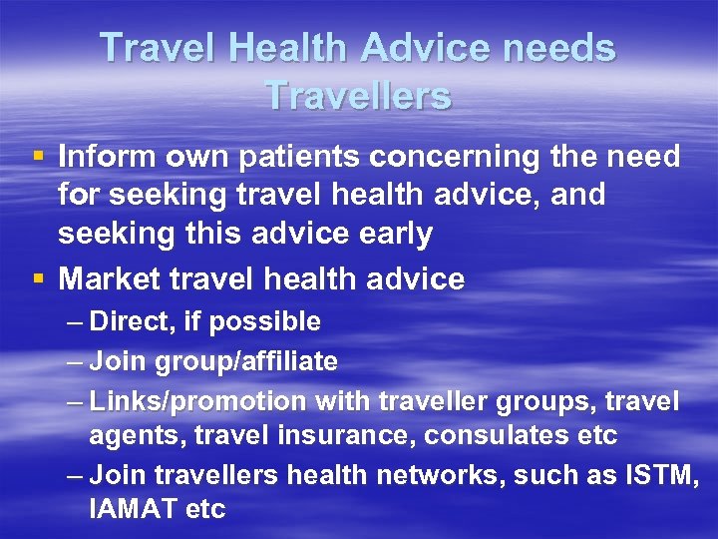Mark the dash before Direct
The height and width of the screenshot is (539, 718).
(x=76, y=322)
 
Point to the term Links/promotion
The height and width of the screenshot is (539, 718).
(x=198, y=401)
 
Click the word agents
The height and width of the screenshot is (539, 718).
(x=129, y=436)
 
